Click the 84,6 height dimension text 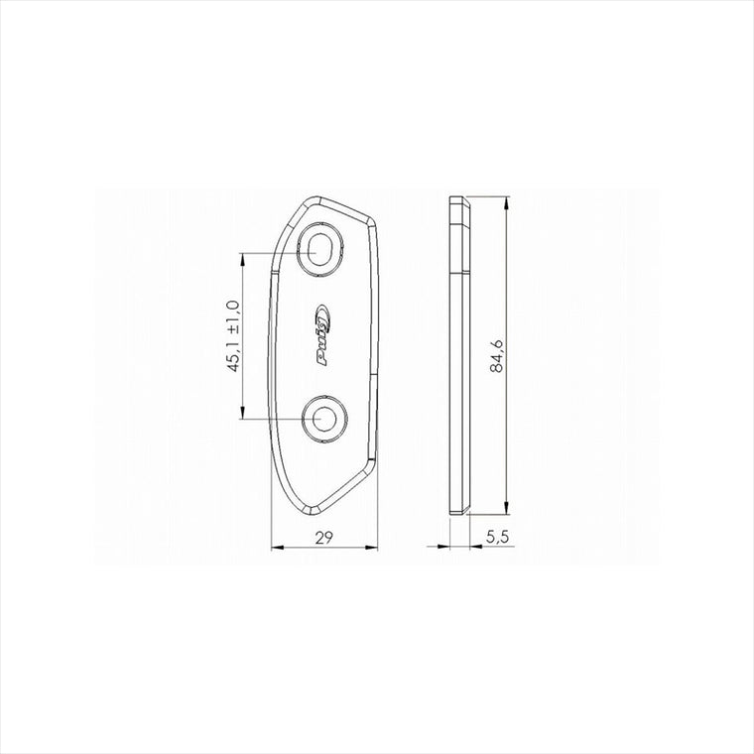(x=497, y=356)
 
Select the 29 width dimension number (x=324, y=538)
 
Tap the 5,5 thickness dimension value (x=497, y=537)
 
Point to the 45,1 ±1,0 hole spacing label (x=234, y=335)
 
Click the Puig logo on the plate (x=321, y=335)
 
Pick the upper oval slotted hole (x=319, y=250)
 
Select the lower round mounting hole (x=324, y=419)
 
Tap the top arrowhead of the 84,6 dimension (x=506, y=203)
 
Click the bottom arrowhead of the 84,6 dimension (x=506, y=507)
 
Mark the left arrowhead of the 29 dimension (x=278, y=547)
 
